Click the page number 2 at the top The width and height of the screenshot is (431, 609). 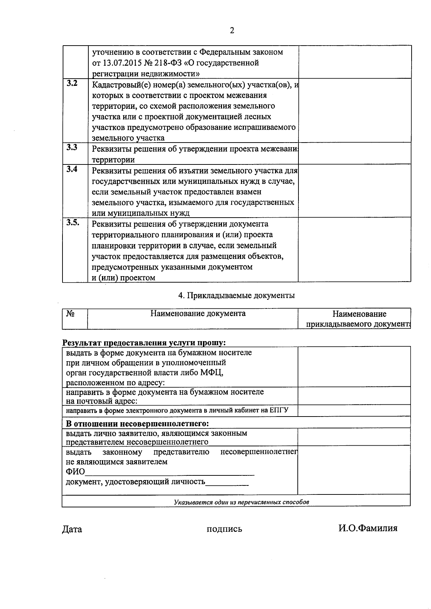tap(232, 31)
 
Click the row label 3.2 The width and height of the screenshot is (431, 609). tap(72, 84)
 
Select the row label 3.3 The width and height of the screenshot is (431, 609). tap(72, 147)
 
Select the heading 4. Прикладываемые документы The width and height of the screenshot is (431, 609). tap(236, 296)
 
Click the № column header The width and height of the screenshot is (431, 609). tap(70, 313)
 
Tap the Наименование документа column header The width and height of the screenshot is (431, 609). tap(198, 313)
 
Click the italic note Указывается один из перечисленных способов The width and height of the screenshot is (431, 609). tap(241, 502)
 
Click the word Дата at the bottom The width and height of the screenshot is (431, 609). tap(72, 529)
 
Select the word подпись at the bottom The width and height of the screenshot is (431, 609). tap(224, 529)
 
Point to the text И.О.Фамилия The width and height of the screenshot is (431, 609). tap(367, 528)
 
